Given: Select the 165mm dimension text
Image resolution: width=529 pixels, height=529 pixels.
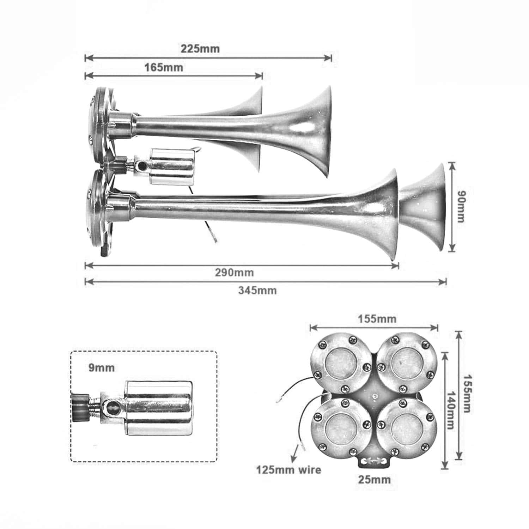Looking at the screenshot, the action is click(164, 67).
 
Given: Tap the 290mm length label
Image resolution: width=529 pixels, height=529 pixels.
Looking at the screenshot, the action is click(234, 273).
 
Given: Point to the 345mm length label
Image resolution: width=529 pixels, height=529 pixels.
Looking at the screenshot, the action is click(257, 291).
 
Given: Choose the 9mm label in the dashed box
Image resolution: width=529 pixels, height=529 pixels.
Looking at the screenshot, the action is click(102, 368).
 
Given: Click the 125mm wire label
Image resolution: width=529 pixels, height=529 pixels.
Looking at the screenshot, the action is click(288, 470).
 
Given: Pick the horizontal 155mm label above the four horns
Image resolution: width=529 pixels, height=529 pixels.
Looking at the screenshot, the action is click(377, 319).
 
